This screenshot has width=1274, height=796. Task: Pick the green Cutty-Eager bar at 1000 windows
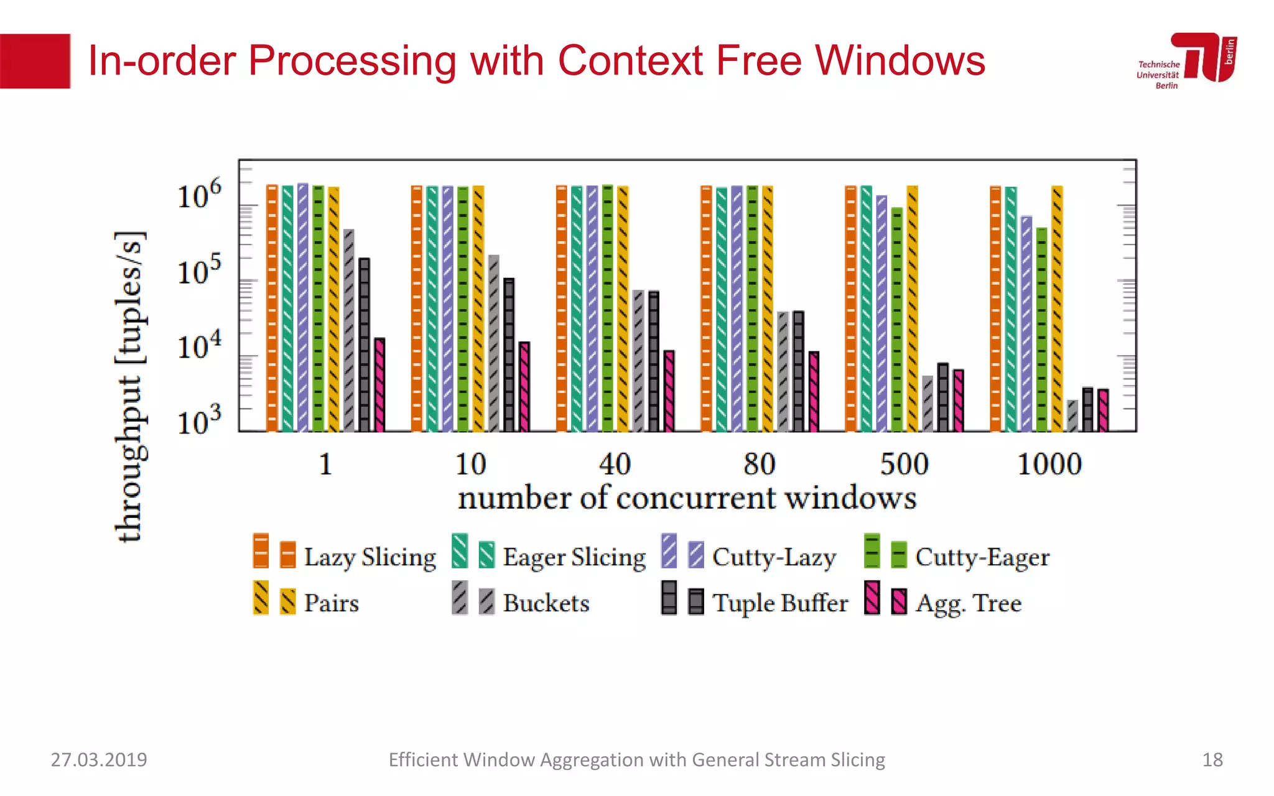point(1042,329)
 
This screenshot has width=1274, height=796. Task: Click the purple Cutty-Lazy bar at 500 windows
point(881,313)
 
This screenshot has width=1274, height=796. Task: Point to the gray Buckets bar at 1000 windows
point(1072,416)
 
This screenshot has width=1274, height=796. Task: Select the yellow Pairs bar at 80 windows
point(768,308)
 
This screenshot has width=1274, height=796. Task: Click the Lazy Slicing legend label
point(370,557)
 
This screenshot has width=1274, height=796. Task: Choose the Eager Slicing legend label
point(574,557)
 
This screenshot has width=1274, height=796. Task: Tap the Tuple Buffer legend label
point(780,603)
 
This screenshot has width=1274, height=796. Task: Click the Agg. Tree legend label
point(969,603)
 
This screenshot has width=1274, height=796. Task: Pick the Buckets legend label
point(546,603)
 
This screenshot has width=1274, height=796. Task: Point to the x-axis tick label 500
point(904,464)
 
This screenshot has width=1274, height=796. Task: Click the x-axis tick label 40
point(615,464)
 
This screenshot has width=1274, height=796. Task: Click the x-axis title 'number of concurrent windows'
point(687,498)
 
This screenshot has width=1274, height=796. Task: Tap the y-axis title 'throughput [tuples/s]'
point(131,386)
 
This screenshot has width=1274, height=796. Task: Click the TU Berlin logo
point(1187,60)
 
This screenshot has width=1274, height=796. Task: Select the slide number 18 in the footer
point(1212,759)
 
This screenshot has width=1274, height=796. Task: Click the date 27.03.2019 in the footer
point(99,759)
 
